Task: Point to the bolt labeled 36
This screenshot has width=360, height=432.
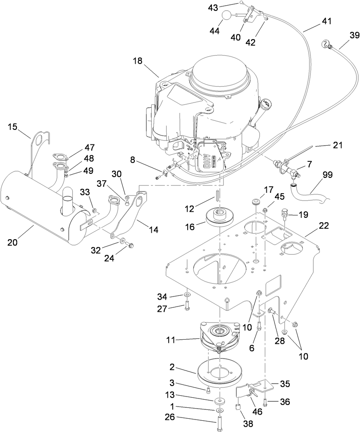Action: click(266, 401)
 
